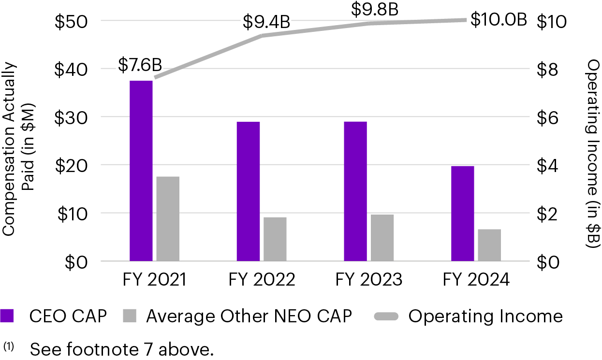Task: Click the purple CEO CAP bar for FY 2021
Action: pyautogui.click(x=141, y=171)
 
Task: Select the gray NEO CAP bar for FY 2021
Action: pyautogui.click(x=168, y=218)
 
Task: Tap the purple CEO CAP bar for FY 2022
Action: pyautogui.click(x=248, y=191)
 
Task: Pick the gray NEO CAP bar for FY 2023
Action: pyautogui.click(x=382, y=237)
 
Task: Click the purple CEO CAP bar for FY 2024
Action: pyautogui.click(x=462, y=213)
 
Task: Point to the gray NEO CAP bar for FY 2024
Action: pyautogui.click(x=489, y=245)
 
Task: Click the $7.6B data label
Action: pyautogui.click(x=140, y=65)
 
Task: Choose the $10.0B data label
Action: pyautogui.click(x=498, y=20)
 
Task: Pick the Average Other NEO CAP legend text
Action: pyautogui.click(x=249, y=317)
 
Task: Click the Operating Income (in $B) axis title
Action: pyautogui.click(x=593, y=154)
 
